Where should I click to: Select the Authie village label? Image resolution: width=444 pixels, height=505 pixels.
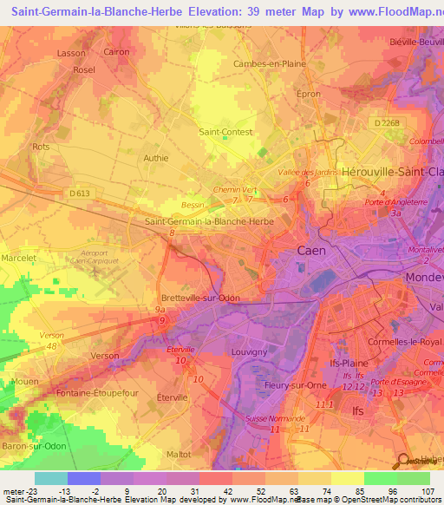[x=156, y=158]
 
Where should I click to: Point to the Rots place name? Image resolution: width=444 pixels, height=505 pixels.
[x=41, y=148]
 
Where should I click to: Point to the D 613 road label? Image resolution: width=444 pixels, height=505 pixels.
[x=80, y=193]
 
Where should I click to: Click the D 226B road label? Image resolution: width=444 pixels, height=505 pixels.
[x=388, y=123]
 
